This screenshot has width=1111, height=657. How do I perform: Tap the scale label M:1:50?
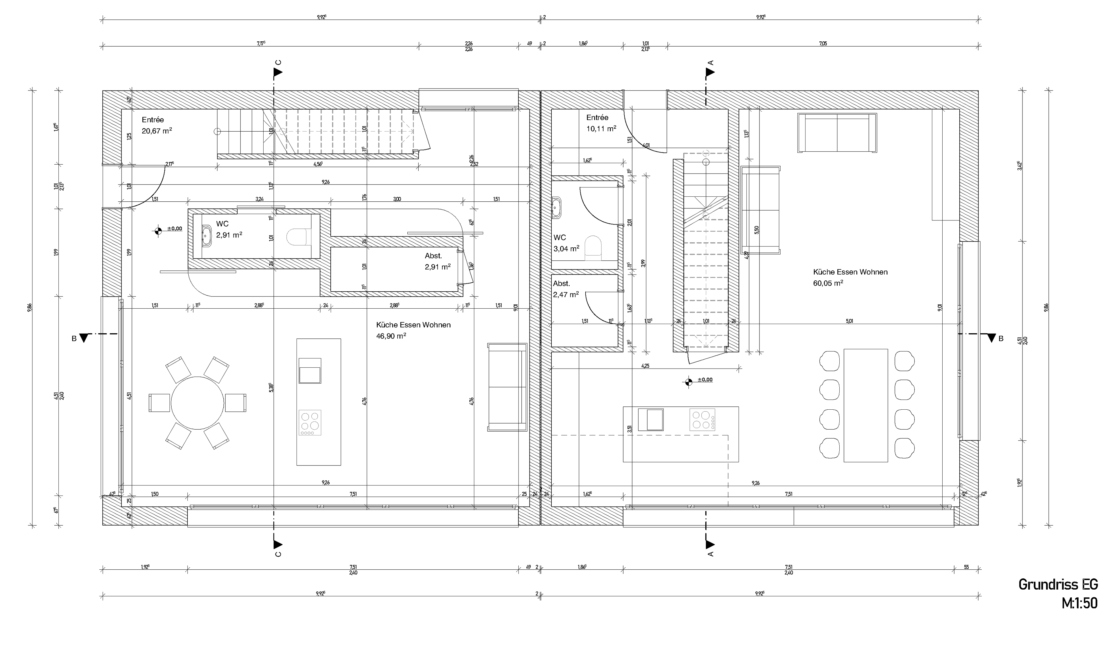1079,603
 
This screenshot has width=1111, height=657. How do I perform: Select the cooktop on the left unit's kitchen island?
310,422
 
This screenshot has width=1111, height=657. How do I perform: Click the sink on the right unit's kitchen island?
651,419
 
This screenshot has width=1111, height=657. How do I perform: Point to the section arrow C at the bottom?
277,544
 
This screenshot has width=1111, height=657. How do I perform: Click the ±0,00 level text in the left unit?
174,229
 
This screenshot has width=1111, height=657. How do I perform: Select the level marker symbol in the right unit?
688,382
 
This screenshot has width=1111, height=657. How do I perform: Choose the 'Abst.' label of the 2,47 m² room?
561,283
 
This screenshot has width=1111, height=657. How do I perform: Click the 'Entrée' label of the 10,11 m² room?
597,117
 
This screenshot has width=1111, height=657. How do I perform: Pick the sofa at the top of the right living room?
836,133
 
